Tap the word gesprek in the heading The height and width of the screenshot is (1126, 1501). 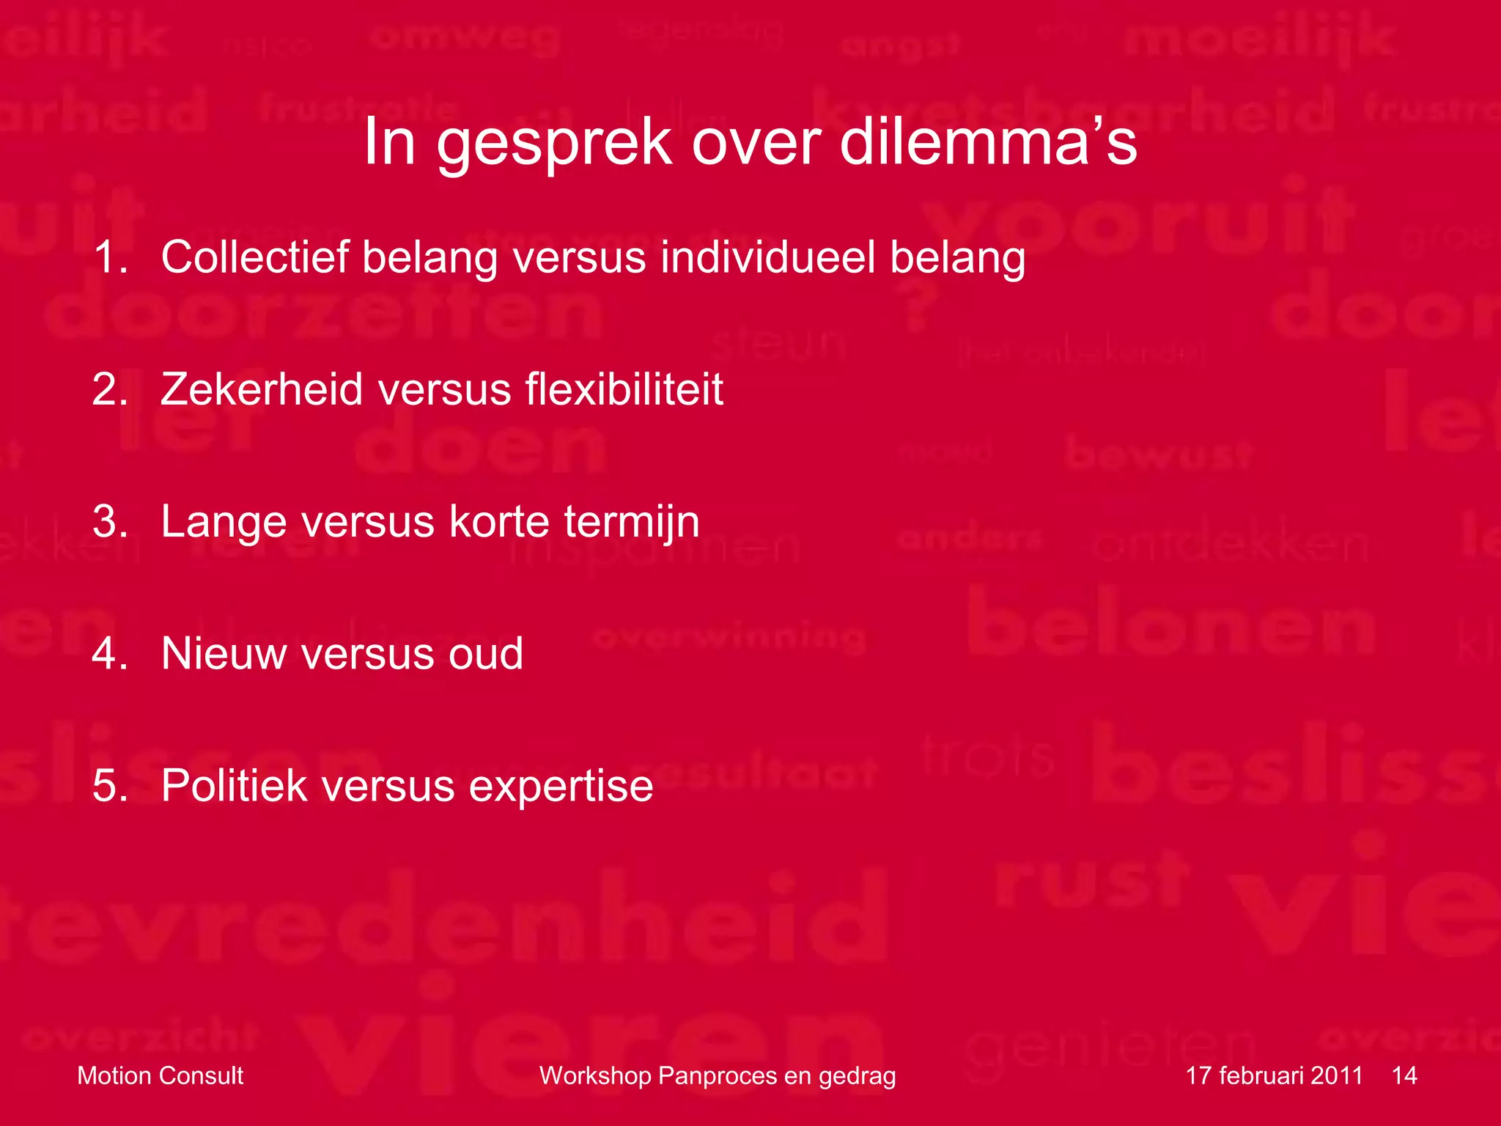(553, 144)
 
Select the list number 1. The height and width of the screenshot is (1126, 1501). (110, 258)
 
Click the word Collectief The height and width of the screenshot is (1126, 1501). (254, 258)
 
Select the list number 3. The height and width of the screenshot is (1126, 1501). (110, 522)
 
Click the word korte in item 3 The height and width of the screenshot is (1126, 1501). (498, 522)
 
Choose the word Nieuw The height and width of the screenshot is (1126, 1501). (224, 654)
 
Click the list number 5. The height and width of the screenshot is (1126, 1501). (110, 786)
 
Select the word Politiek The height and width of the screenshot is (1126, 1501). (234, 786)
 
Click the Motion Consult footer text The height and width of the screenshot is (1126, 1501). (160, 1075)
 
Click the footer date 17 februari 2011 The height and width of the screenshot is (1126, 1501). (1274, 1075)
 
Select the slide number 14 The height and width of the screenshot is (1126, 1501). (1404, 1075)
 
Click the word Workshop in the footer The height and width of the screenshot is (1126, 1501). (595, 1075)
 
